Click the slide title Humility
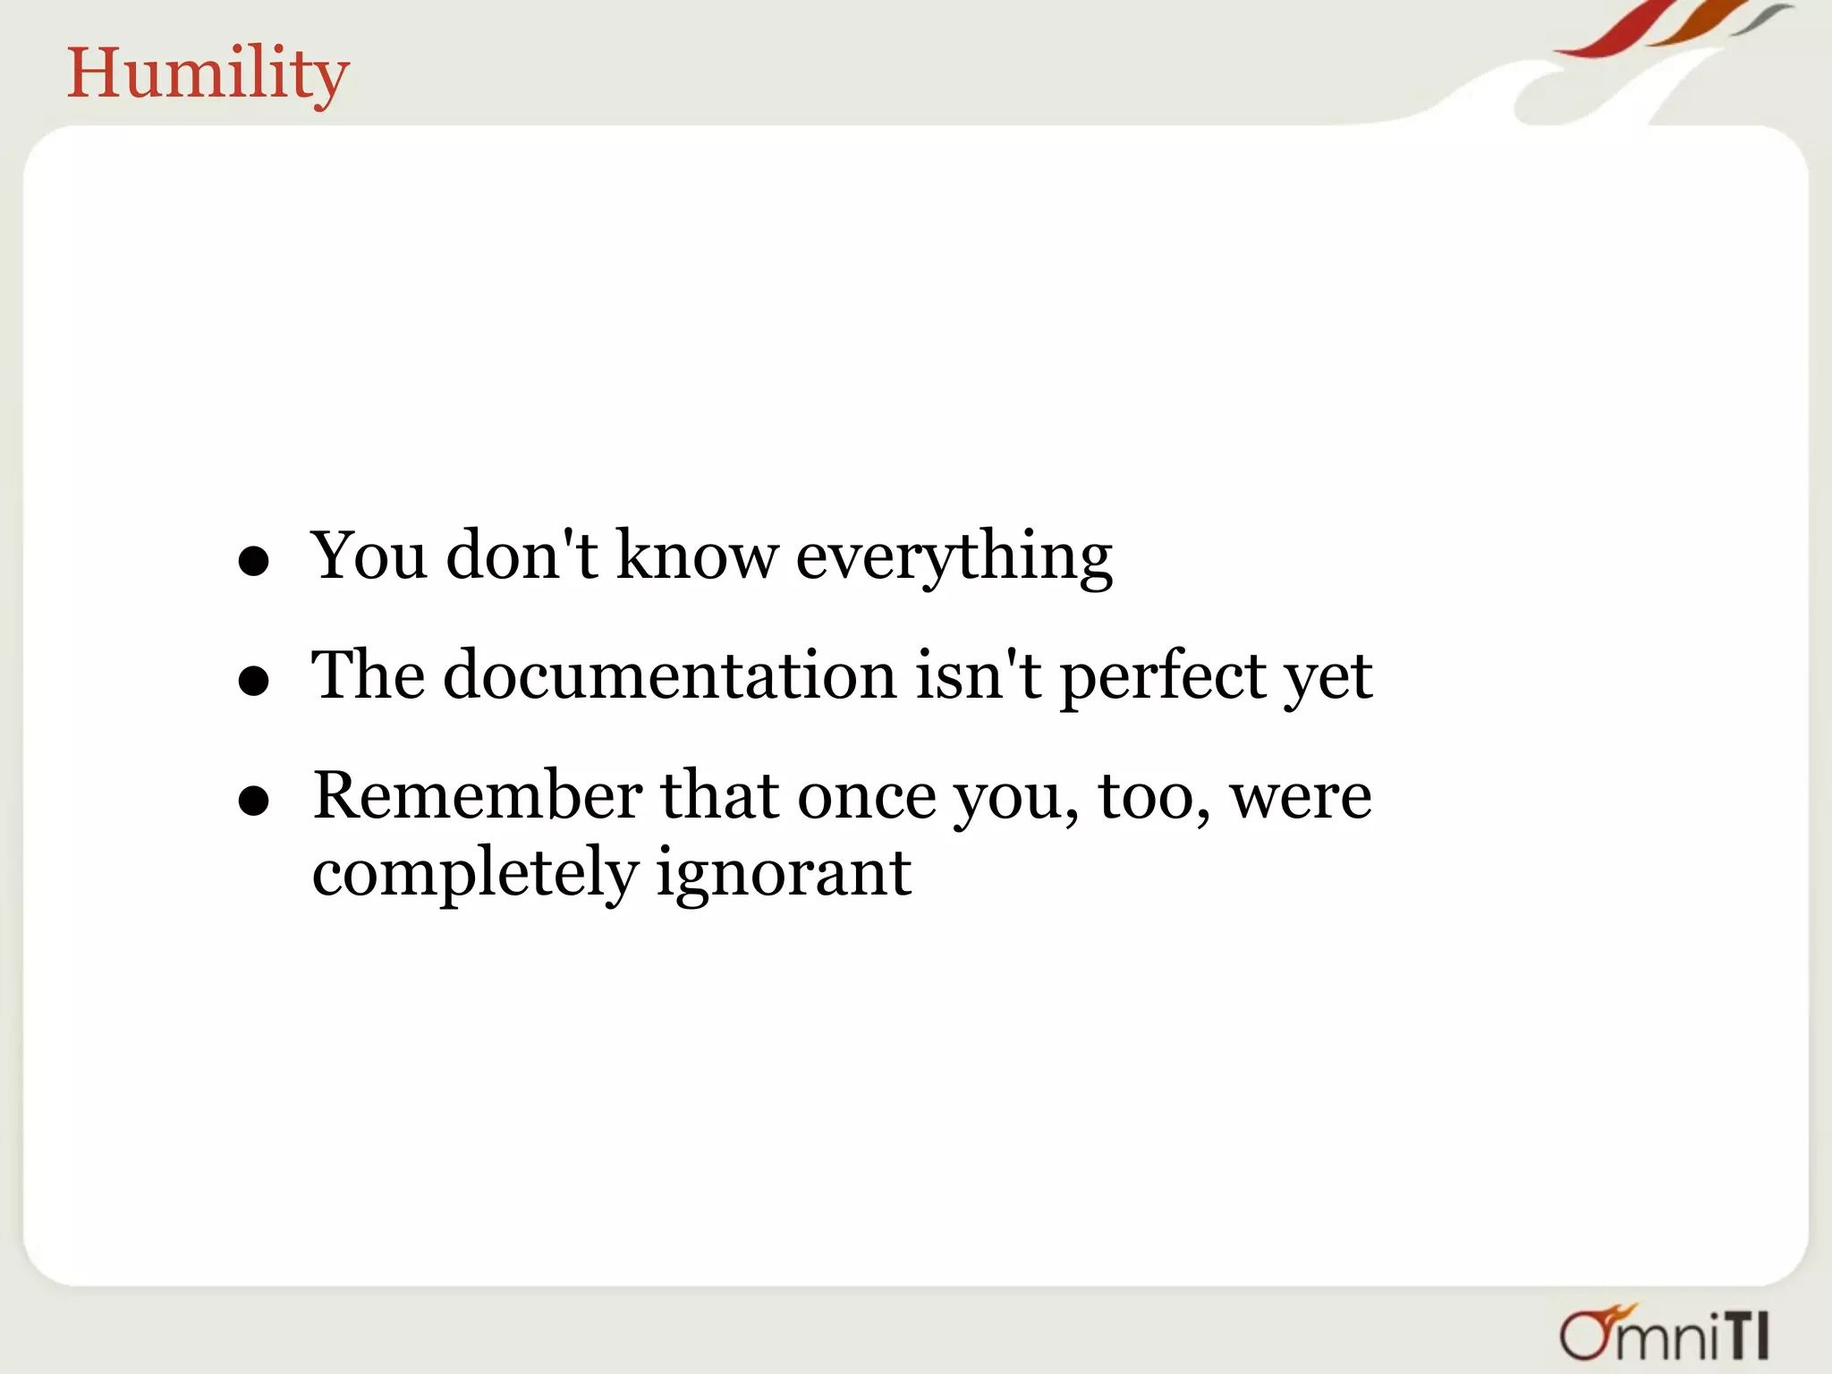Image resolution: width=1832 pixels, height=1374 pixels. click(x=208, y=73)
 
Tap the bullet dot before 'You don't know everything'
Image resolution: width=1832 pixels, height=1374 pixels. click(x=254, y=561)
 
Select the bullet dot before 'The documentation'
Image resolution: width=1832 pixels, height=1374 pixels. click(x=254, y=681)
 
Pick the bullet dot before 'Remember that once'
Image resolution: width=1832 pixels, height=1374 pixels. click(x=254, y=801)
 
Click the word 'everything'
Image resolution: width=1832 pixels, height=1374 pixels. click(x=954, y=557)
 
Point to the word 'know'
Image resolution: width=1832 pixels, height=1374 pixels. click(x=697, y=556)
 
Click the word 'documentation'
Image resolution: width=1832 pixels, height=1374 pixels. click(x=670, y=675)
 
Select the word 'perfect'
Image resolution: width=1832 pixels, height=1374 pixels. click(x=1162, y=677)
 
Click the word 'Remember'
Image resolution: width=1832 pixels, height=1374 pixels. click(x=478, y=795)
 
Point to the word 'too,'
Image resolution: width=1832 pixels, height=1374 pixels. click(x=1154, y=797)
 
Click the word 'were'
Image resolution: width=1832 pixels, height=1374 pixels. click(x=1301, y=797)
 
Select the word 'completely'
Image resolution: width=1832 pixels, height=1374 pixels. click(x=475, y=874)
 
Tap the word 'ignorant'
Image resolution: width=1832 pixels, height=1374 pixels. click(x=784, y=874)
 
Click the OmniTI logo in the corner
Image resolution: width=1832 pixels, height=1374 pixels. click(x=1664, y=1334)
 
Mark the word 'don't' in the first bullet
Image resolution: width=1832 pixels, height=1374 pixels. click(x=522, y=556)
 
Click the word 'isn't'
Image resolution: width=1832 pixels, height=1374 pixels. click(x=979, y=675)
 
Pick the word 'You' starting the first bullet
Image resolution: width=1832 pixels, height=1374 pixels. click(x=368, y=556)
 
